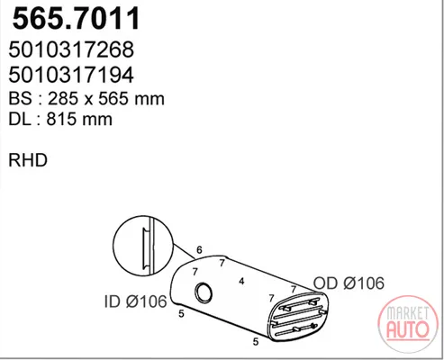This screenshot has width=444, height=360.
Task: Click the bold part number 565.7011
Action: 77,18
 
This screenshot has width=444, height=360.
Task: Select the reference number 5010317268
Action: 71,49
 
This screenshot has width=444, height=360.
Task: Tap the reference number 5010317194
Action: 71,75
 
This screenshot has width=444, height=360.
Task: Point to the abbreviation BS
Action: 20,99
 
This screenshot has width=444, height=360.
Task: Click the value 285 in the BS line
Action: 62,99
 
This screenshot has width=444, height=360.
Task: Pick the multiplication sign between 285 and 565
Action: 88,100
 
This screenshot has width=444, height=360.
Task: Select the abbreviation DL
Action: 20,120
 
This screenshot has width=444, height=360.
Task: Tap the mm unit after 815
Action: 97,121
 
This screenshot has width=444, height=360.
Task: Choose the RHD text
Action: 28,160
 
